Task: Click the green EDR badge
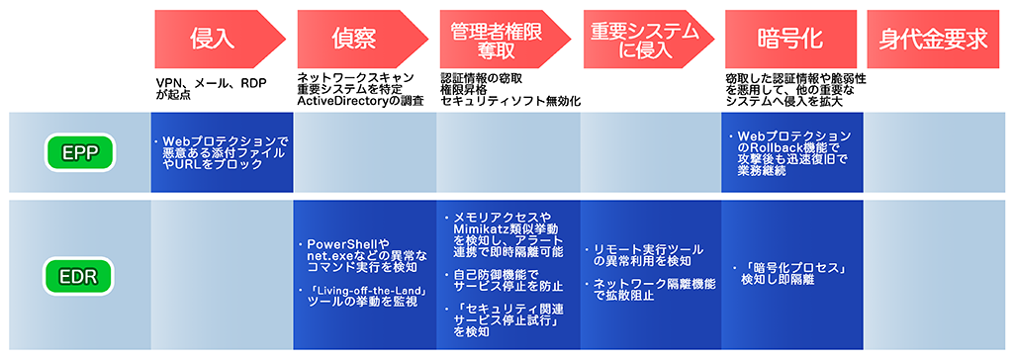(84, 274)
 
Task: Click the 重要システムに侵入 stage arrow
(643, 39)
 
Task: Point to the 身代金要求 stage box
(934, 39)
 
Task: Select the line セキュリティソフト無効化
(509, 101)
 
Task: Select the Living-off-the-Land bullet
(363, 296)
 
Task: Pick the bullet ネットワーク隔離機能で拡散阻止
(649, 289)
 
